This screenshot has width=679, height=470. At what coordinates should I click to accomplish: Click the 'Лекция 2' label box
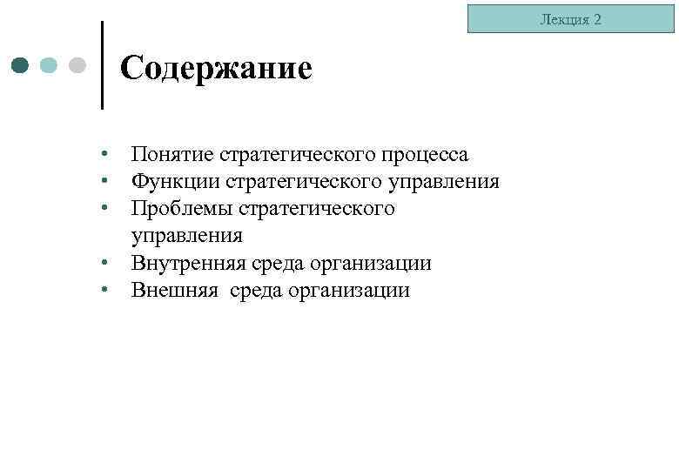point(570,18)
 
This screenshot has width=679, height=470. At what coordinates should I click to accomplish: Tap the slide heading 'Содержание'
point(216,68)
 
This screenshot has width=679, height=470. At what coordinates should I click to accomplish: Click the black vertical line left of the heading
point(103,65)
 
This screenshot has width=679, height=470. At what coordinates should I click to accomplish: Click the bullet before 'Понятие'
point(104,154)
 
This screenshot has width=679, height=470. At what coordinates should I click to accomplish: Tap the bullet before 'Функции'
point(104,181)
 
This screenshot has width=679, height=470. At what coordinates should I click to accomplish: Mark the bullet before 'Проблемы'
point(104,208)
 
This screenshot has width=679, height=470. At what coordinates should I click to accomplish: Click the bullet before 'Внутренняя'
point(104,262)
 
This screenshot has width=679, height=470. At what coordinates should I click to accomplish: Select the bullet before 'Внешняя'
point(104,289)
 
